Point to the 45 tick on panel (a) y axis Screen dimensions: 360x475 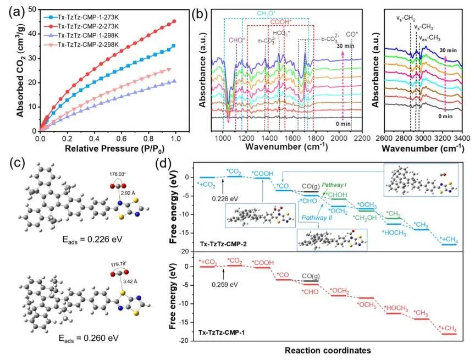(32, 21)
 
